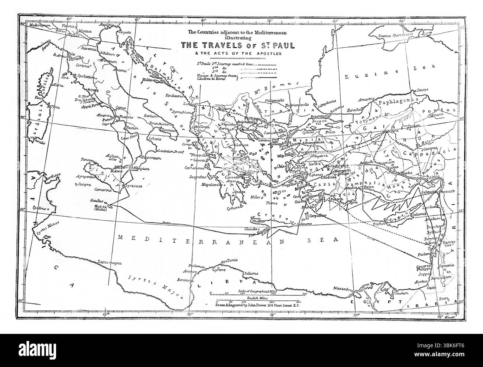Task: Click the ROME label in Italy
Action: coord(91,90)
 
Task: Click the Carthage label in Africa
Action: coord(47,176)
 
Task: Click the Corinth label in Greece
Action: coord(231,178)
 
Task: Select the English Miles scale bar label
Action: coord(257,298)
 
